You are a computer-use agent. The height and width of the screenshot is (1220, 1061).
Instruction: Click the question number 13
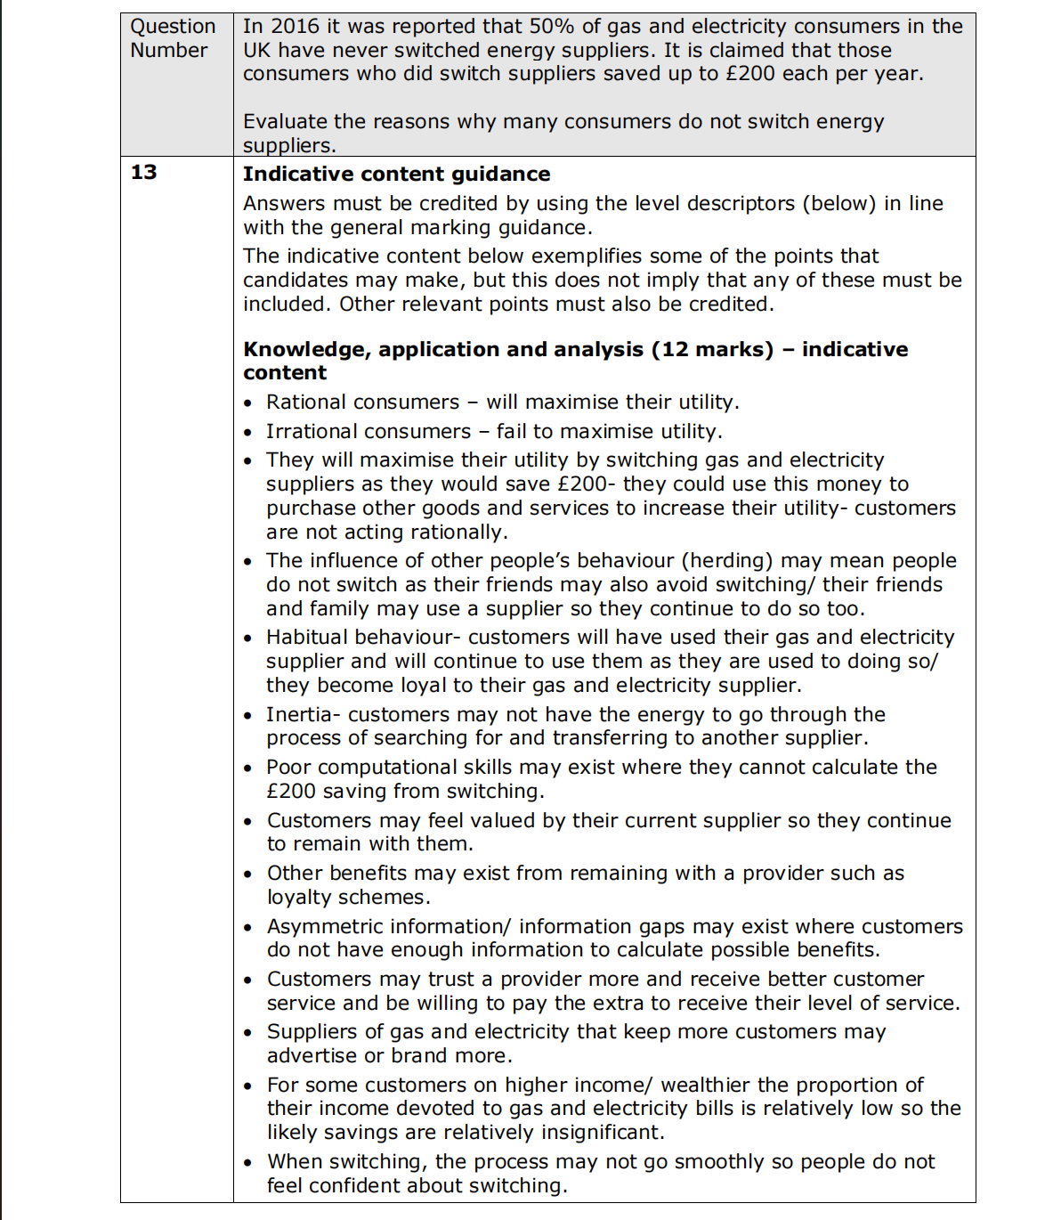click(143, 172)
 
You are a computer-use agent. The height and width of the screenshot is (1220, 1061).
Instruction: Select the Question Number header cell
click(174, 38)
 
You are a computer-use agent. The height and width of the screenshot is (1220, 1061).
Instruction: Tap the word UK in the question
click(257, 51)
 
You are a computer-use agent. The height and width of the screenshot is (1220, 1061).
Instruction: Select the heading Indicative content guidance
click(396, 175)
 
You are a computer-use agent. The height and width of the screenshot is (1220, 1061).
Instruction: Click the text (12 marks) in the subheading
click(712, 349)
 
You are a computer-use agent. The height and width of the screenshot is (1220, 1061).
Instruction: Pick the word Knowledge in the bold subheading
click(305, 349)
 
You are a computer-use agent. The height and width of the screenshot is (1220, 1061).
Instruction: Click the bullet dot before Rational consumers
click(248, 404)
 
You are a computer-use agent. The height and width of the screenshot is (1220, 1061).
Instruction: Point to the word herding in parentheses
click(727, 561)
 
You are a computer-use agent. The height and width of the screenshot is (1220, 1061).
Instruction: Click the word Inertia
click(299, 715)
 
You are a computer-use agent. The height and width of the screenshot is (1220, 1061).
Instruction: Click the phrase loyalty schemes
click(348, 898)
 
